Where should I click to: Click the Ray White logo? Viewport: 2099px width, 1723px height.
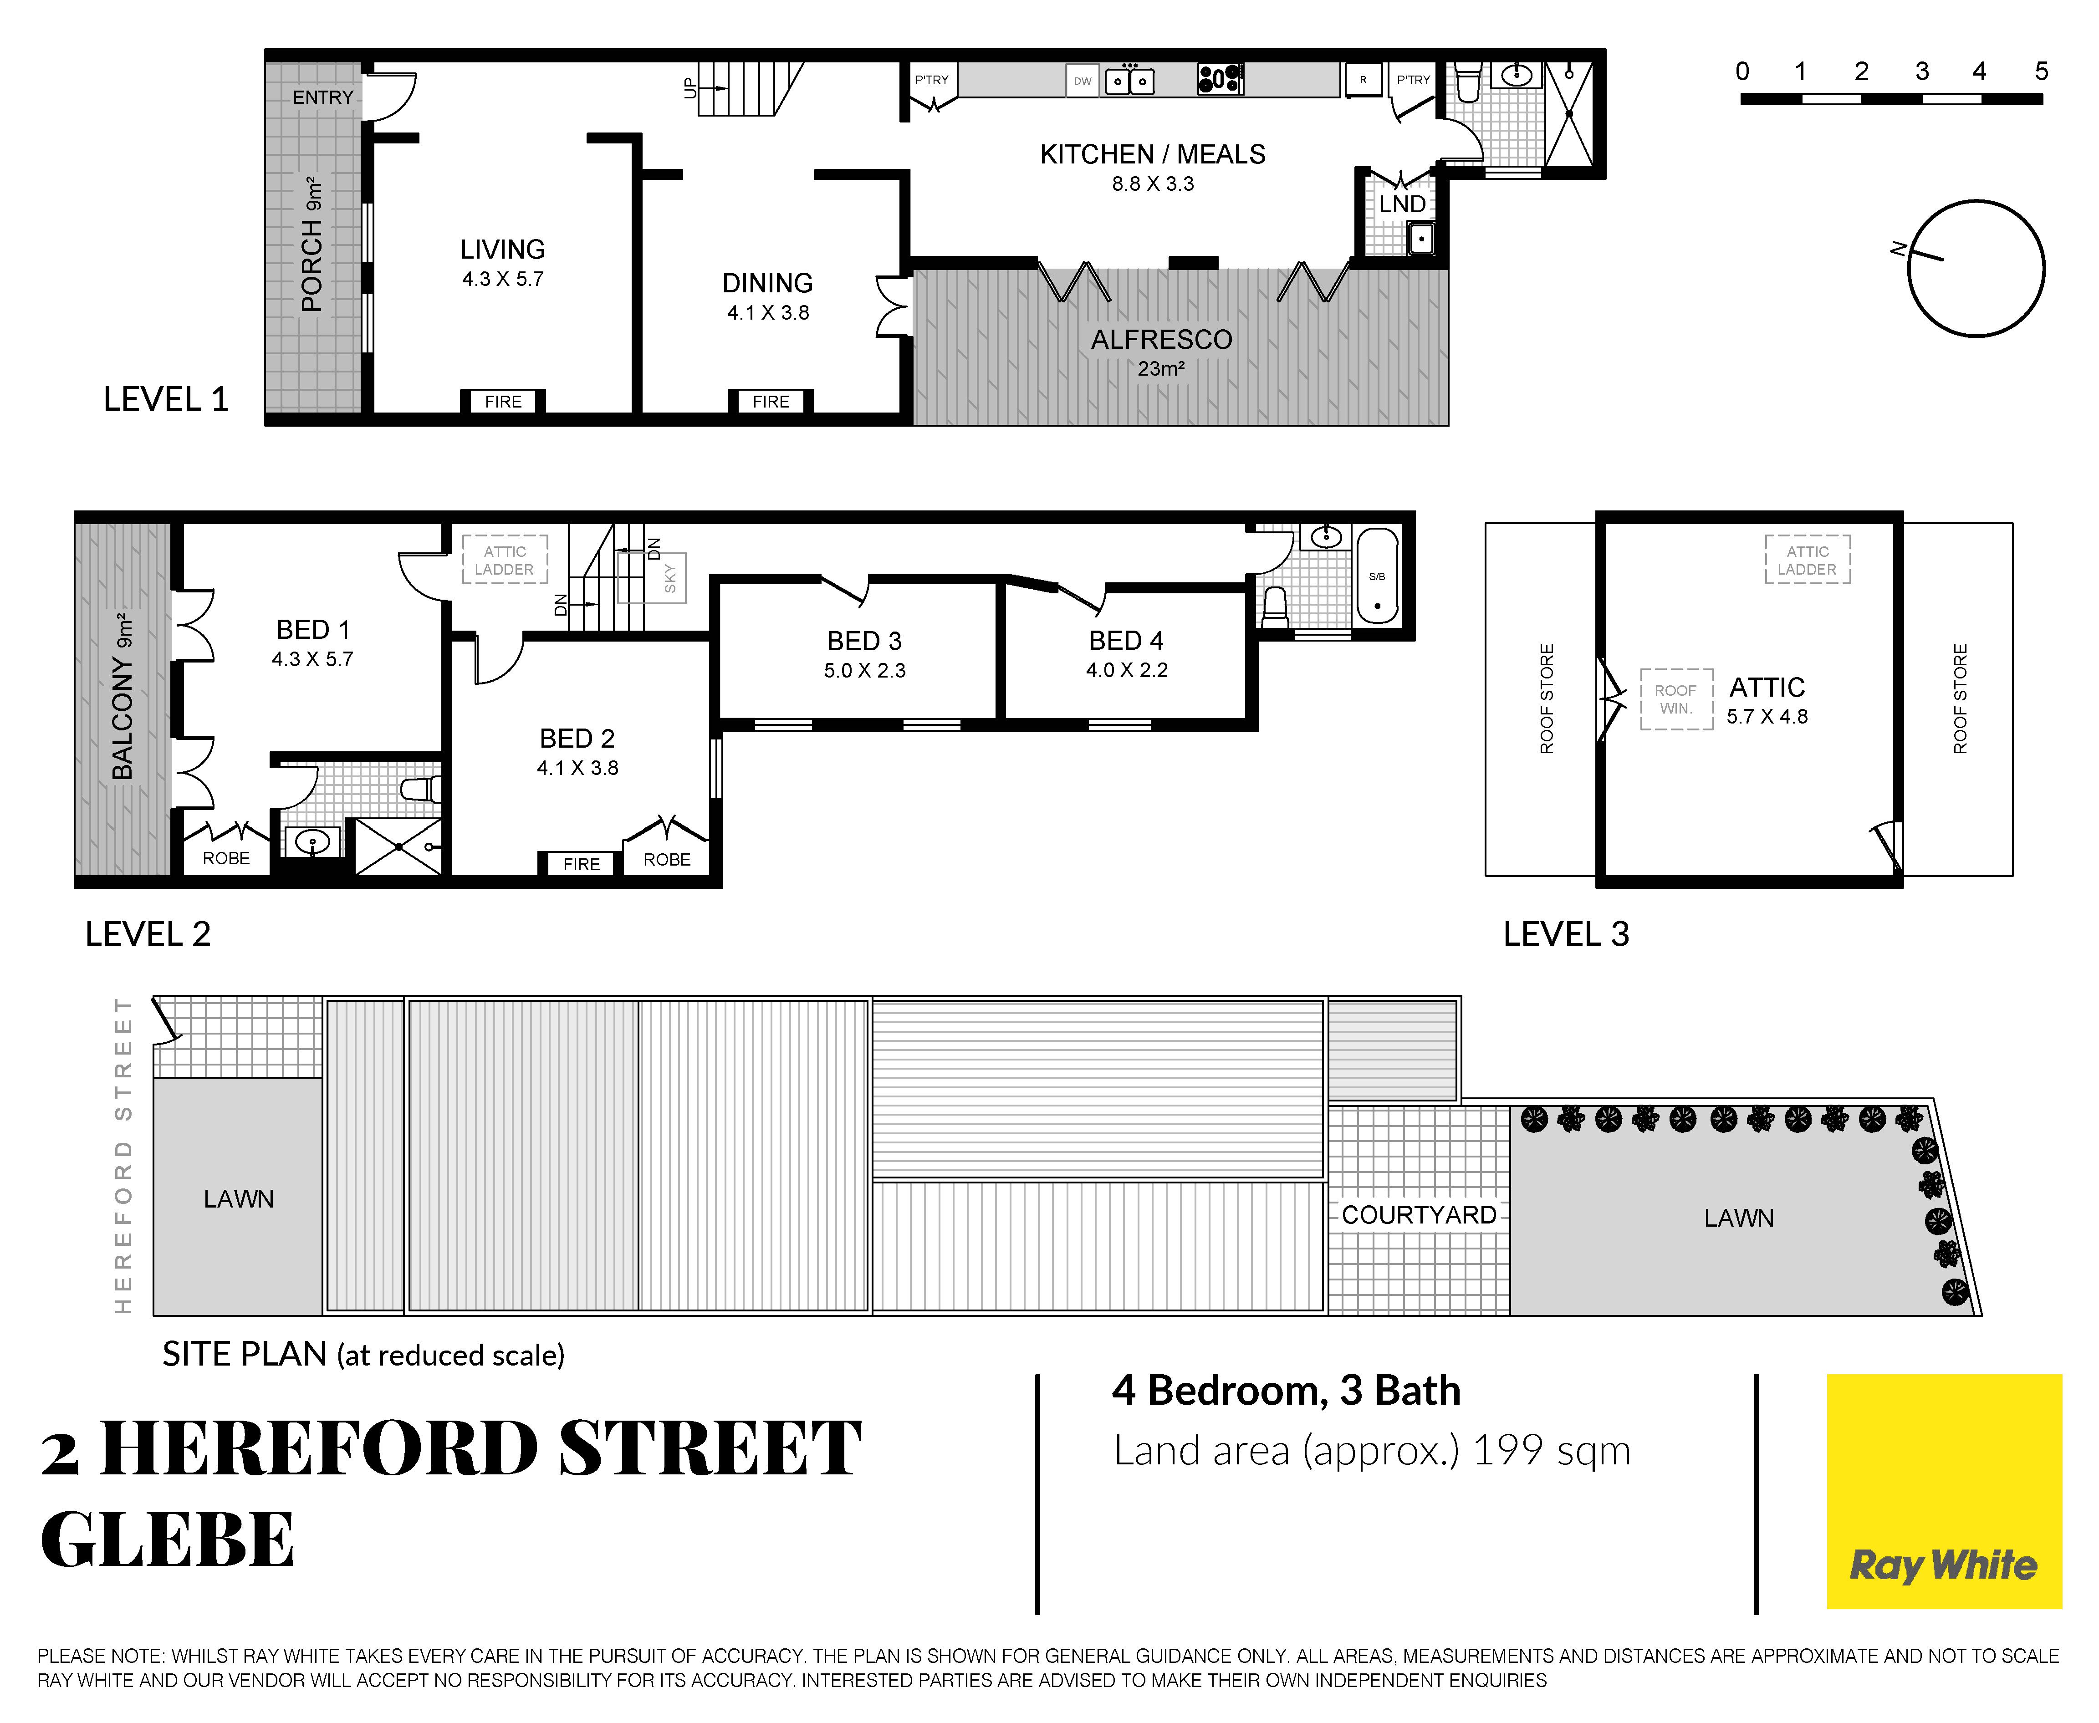(1943, 1491)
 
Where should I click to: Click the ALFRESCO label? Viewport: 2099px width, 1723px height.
(1161, 339)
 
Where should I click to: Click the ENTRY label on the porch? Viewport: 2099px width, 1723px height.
(323, 97)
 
